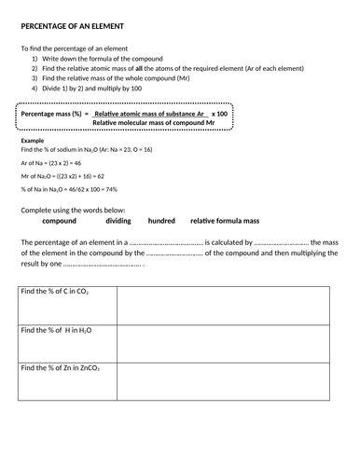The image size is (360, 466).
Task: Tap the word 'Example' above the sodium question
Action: (x=33, y=140)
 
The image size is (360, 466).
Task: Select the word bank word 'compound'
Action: (x=60, y=221)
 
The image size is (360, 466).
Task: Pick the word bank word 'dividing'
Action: (x=118, y=221)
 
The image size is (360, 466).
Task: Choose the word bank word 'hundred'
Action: (x=161, y=221)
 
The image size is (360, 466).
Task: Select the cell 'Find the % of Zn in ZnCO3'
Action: (x=61, y=368)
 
